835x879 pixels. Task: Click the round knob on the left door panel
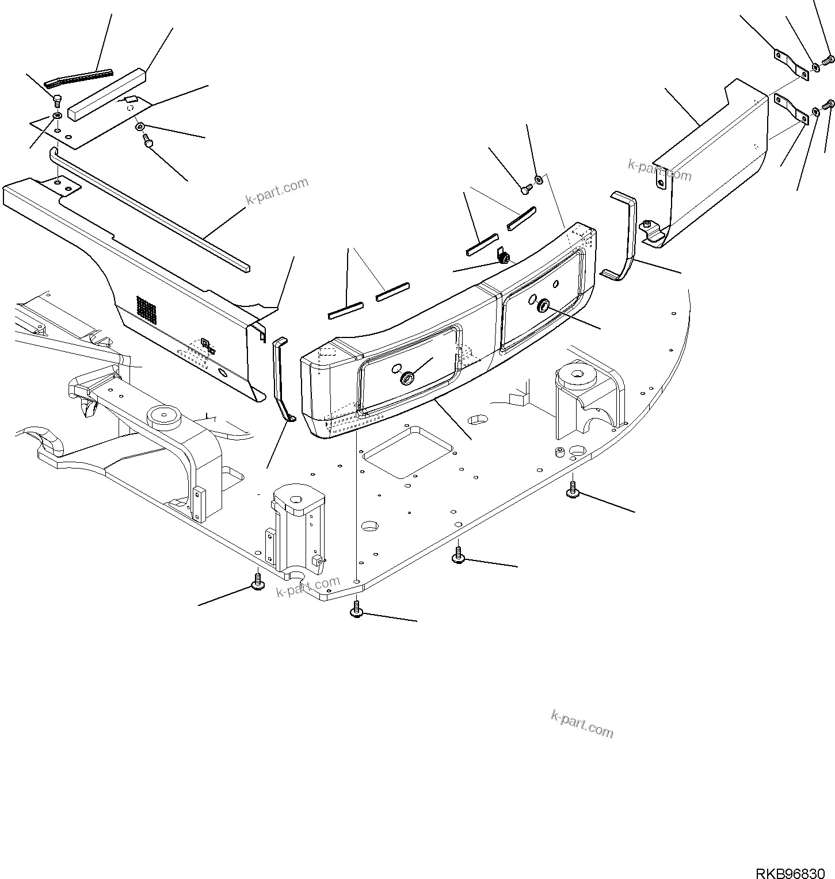tap(407, 378)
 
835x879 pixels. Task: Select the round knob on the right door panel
tap(543, 308)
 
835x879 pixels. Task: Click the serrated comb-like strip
tap(79, 76)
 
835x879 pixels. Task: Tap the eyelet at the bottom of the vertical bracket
tap(291, 418)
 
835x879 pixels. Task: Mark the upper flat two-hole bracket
tap(788, 62)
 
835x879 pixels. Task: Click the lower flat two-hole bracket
tap(791, 108)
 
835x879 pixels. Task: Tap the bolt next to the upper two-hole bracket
tap(829, 59)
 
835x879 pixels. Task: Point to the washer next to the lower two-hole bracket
tap(816, 111)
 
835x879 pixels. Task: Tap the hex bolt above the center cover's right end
tap(525, 187)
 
